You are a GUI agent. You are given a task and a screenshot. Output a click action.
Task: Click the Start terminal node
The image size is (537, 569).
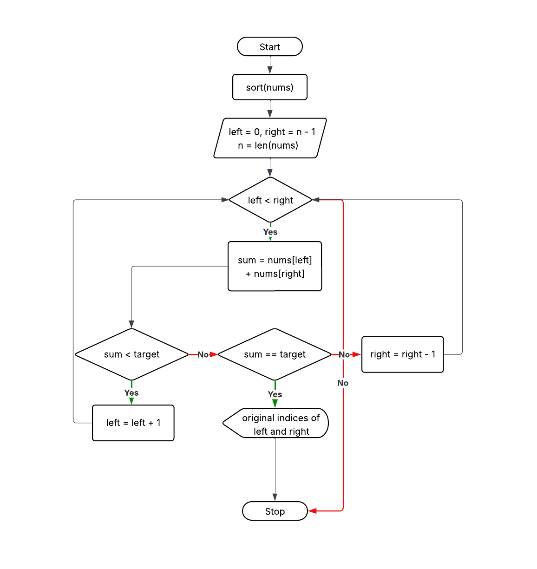(269, 47)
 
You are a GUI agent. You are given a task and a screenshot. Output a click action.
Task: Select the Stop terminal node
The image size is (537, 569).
(275, 511)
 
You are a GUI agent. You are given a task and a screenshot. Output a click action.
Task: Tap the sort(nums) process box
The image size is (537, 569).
(269, 87)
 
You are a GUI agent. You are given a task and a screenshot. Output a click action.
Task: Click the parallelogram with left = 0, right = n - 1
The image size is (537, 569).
(270, 138)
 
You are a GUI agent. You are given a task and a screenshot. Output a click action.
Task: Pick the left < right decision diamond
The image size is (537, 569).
(270, 200)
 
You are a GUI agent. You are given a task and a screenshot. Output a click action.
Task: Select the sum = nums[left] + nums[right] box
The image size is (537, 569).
(275, 267)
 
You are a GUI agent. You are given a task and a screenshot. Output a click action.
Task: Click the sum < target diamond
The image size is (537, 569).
(131, 354)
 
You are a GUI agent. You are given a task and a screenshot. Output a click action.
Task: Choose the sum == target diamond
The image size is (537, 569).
(275, 354)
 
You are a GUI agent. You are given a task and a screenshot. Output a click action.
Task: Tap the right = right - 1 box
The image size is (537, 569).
(402, 354)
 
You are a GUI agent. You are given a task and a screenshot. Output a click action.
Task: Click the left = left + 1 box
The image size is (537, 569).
(133, 423)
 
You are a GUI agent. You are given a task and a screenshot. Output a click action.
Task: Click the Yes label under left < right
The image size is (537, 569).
(270, 232)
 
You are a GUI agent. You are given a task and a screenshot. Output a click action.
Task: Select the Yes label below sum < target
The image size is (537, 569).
(131, 392)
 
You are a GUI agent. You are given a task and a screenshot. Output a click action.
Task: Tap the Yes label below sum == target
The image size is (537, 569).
(275, 394)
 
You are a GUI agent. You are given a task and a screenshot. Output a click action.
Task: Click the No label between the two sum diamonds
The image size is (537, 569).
(203, 354)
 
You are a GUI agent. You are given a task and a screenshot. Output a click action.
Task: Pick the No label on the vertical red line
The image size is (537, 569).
(343, 383)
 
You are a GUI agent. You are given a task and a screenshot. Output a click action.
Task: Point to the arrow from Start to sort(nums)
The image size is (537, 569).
(270, 65)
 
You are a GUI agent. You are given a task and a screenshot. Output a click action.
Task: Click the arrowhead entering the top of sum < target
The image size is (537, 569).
(131, 324)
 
